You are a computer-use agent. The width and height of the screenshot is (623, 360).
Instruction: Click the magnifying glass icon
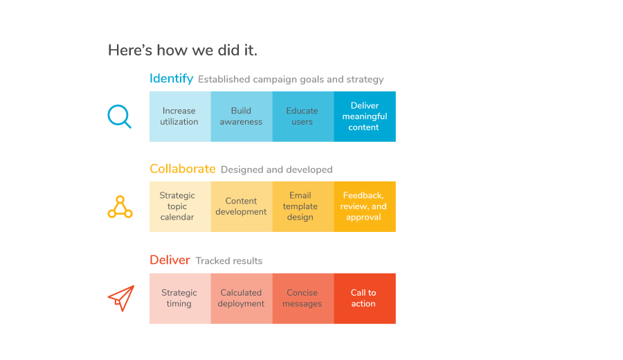tap(118, 115)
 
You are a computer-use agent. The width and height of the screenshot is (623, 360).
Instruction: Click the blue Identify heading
tap(171, 79)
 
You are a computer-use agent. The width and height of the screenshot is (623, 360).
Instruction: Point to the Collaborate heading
tap(182, 169)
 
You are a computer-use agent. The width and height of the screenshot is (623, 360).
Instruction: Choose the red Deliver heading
tap(170, 260)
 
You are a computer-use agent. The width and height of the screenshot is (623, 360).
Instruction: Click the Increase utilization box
tap(180, 116)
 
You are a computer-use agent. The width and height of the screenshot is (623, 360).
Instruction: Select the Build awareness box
tap(242, 116)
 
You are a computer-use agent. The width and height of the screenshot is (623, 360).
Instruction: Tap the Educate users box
tap(303, 116)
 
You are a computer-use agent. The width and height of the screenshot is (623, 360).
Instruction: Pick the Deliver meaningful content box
tap(365, 116)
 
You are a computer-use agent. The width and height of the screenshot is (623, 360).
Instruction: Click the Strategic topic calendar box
tap(180, 206)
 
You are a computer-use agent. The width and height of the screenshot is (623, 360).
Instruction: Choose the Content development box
tap(242, 206)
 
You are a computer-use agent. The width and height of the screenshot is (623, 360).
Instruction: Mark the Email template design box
tap(303, 206)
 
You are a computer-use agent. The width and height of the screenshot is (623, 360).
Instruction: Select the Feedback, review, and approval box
tap(365, 206)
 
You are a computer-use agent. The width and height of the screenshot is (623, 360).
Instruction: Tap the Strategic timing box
tap(180, 298)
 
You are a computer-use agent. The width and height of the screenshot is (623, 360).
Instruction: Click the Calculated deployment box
tap(242, 298)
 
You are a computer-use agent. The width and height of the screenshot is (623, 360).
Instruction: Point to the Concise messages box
tap(303, 298)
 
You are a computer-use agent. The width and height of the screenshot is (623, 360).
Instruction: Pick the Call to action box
tap(365, 298)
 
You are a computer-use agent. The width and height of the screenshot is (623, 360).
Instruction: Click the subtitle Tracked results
tap(229, 261)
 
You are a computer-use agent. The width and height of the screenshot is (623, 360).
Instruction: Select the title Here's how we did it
tap(183, 51)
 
